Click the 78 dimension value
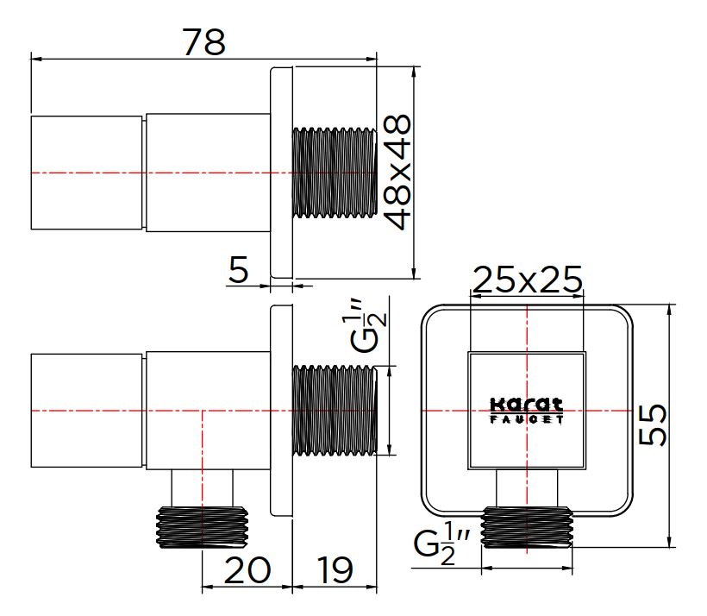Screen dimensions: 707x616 click(203, 42)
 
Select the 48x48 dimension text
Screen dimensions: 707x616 click(397, 172)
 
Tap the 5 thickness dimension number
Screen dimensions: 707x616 click(239, 269)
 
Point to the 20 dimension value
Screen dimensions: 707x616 click(247, 570)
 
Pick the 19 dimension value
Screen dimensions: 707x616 click(335, 570)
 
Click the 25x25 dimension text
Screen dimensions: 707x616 click(527, 280)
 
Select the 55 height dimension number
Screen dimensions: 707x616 click(653, 424)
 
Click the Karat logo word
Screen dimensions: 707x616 click(527, 405)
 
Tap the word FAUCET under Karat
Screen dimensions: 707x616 click(527, 419)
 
